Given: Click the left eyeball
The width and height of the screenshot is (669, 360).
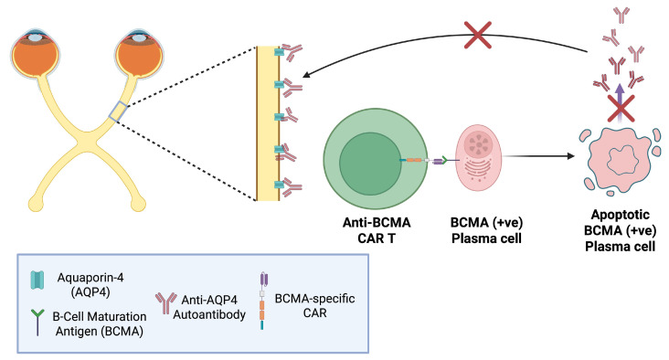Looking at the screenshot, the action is tap(35, 53).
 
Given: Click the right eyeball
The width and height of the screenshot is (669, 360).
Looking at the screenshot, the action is tap(139, 53).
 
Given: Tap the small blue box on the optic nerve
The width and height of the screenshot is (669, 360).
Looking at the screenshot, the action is tap(118, 111).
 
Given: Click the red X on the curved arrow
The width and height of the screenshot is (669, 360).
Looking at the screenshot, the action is tap(478, 35).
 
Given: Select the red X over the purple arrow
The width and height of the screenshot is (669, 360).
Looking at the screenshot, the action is tap(621, 109).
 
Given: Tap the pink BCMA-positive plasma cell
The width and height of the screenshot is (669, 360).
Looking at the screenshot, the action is tap(479, 158).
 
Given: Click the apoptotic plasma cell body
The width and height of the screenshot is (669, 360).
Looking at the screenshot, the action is tap(621, 160).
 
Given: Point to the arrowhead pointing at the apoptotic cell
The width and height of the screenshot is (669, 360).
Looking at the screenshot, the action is tap(570, 156).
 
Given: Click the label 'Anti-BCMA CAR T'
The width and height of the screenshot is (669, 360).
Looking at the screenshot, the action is tap(377, 230).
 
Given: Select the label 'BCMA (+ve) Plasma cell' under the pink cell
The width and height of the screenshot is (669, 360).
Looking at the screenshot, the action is tap(486, 230).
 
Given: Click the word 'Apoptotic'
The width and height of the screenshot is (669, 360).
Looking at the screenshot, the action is tap(621, 215).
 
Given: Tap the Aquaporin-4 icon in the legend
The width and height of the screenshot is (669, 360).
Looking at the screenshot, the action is tap(37, 280).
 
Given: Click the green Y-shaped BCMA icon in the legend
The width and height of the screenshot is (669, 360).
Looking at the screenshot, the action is tap(37, 322).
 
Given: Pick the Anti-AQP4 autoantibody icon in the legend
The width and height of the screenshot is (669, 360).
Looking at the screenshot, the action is tap(165, 303).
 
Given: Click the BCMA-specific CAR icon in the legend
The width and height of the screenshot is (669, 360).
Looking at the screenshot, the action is tap(263, 302).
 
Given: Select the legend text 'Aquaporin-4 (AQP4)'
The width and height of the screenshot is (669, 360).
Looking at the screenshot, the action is tap(90, 284).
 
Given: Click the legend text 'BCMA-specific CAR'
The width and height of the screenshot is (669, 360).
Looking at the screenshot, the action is tap(315, 305).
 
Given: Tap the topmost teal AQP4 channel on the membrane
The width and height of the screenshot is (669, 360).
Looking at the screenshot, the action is tap(279, 52).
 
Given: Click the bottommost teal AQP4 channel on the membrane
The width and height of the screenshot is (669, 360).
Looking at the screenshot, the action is tap(279, 185).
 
